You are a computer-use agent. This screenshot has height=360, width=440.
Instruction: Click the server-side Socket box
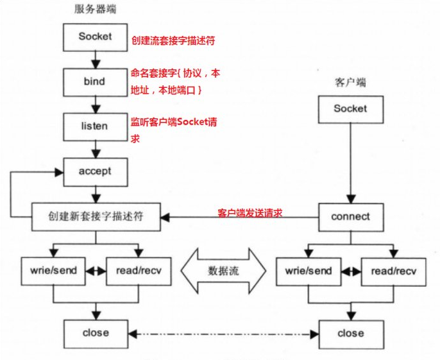point(95,37)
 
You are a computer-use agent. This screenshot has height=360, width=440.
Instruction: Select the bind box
point(95,82)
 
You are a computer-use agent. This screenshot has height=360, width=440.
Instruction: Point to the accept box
point(95,171)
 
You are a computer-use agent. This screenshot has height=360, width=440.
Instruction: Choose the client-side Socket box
point(350,109)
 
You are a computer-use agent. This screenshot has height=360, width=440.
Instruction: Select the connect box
point(350,217)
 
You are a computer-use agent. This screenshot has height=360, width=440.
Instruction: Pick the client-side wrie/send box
point(309,271)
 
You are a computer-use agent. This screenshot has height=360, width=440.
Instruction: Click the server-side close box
point(96,333)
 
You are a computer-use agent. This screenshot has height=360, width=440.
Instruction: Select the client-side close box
point(350,334)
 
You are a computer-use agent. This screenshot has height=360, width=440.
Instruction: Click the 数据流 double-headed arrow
point(223,271)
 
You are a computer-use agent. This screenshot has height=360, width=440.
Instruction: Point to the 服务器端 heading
point(94,10)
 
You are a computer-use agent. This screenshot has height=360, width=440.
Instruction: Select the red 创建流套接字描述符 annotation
point(173,40)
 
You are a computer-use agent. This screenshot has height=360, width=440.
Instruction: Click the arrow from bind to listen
point(95,104)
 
